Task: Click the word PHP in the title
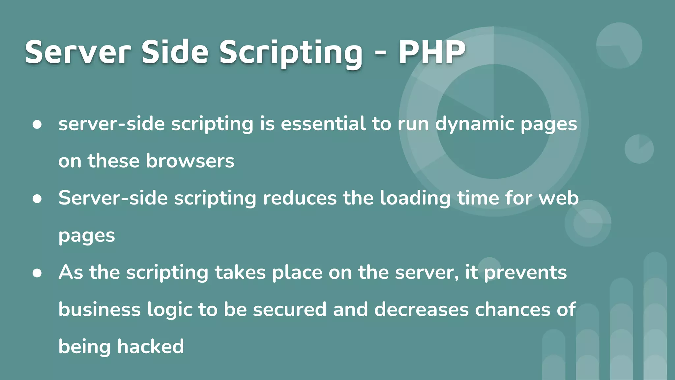[x=432, y=52]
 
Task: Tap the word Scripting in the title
[x=291, y=53]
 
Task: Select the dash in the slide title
[x=380, y=53]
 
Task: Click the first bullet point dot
[x=37, y=124]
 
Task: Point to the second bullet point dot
[x=37, y=199]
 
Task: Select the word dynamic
[x=475, y=125]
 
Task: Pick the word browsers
[x=190, y=161]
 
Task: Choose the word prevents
[x=525, y=273]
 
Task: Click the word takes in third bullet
[x=240, y=272]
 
